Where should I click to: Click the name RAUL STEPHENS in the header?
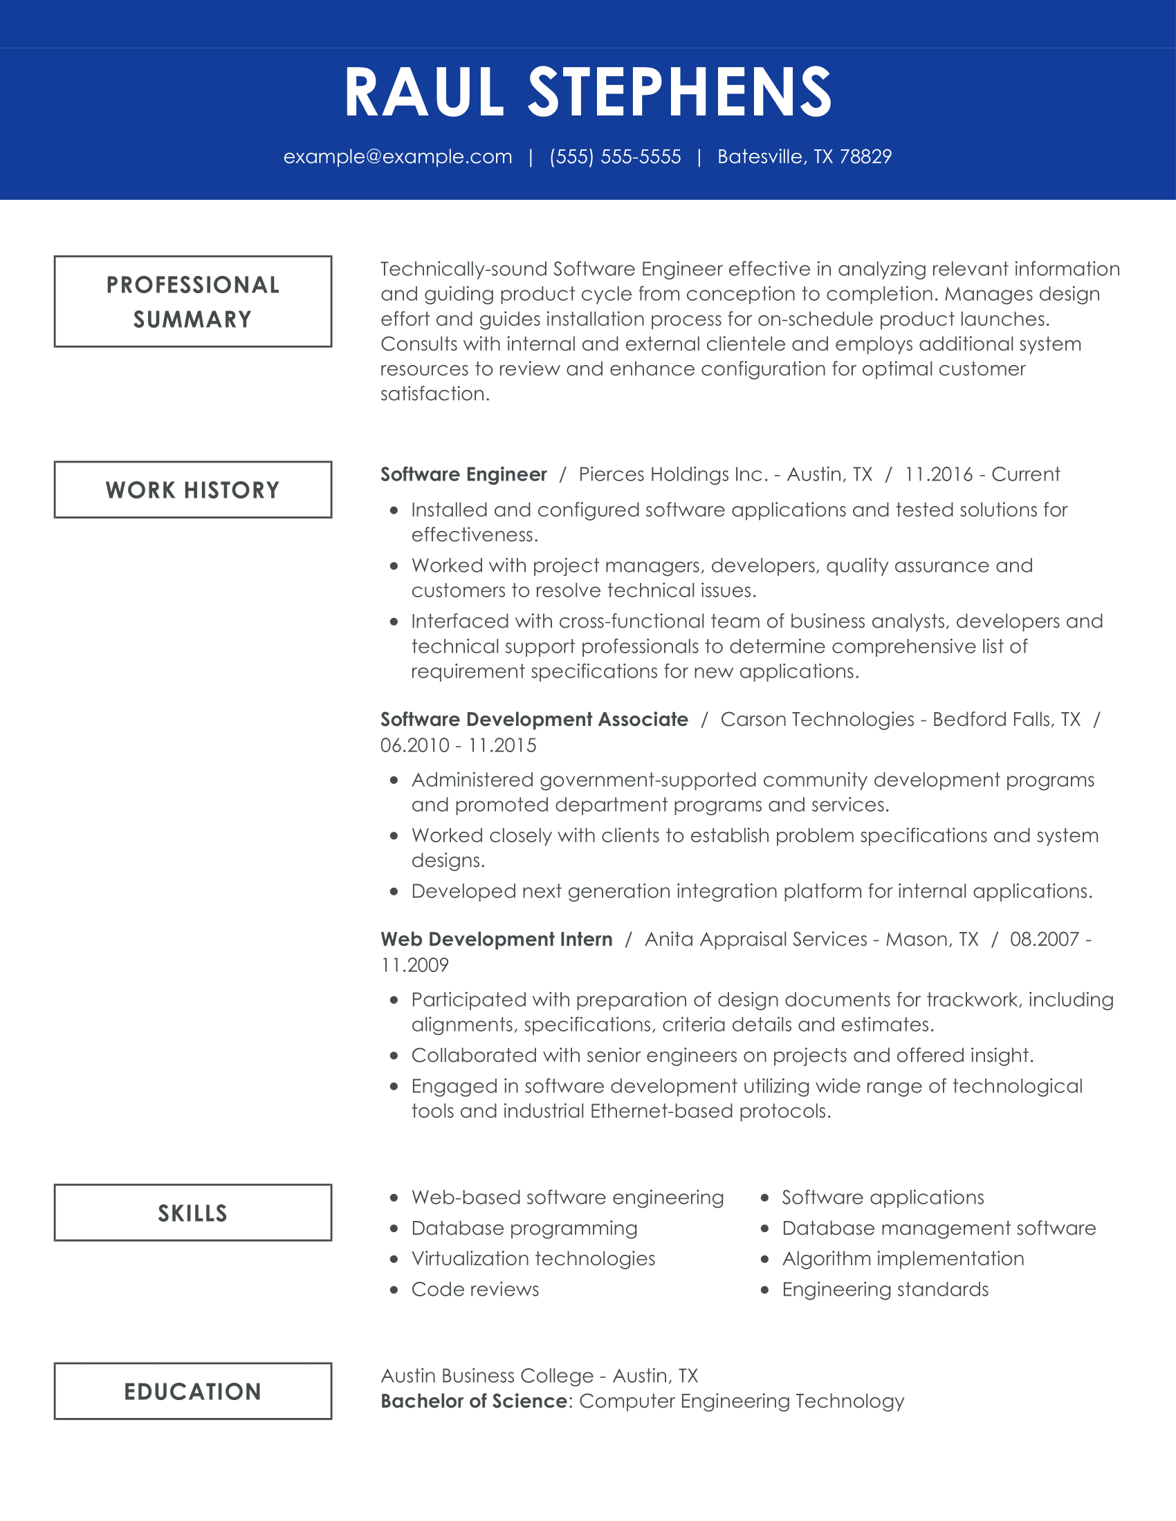588,93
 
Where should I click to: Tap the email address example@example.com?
398,157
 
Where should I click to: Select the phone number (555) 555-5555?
615,157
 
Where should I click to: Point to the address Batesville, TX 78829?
804,157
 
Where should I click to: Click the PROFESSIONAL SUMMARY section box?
193,301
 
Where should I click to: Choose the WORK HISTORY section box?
193,489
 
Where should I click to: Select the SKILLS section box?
193,1213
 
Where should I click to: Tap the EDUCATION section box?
193,1391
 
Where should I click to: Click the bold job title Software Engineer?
463,474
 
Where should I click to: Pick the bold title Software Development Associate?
534,720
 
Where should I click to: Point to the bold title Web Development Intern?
497,940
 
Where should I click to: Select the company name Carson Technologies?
817,720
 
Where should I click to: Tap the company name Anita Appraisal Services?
756,940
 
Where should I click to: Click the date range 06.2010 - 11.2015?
459,745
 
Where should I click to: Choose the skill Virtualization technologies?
533,1258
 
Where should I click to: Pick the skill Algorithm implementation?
903,1258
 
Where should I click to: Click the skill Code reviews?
475,1289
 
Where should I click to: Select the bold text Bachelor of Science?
475,1401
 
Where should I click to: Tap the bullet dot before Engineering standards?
765,1290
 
